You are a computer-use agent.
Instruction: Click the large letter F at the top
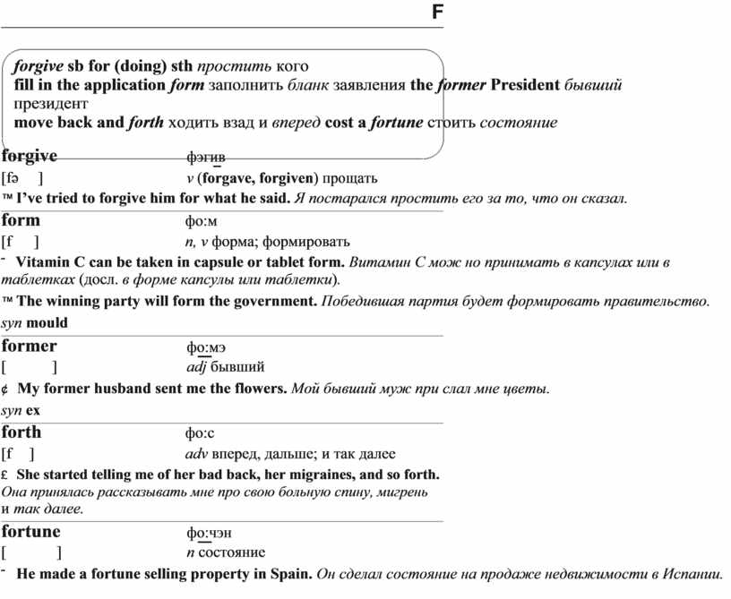[x=437, y=13]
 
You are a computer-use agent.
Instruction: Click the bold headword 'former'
[x=30, y=347]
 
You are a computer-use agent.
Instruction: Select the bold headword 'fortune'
[x=31, y=532]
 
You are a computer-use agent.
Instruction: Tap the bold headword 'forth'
[x=22, y=432]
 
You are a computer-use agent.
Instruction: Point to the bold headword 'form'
[x=21, y=220]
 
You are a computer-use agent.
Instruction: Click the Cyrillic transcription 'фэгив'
[x=206, y=158]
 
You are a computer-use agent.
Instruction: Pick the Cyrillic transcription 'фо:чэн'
[x=209, y=534]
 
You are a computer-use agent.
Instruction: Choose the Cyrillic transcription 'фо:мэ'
[x=206, y=347]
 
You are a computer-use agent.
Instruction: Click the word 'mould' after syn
[x=47, y=322]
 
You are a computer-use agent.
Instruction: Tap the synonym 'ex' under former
[x=33, y=410]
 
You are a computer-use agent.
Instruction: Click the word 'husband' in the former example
[x=128, y=389]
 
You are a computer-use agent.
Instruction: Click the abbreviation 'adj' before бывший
[x=196, y=367]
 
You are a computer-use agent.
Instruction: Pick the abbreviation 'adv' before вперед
[x=197, y=454]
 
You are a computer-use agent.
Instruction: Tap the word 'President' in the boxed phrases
[x=524, y=86]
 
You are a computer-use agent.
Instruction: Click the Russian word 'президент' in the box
[x=46, y=104]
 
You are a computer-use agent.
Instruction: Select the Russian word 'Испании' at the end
[x=694, y=574]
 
